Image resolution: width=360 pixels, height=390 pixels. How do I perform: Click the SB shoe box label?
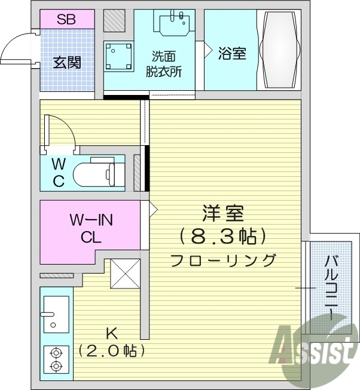pos(66,18)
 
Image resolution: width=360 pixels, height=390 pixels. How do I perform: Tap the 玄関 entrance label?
pos(66,62)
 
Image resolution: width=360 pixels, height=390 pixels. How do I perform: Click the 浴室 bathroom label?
pos(232,53)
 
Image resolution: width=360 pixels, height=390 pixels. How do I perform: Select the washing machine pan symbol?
pos(118,57)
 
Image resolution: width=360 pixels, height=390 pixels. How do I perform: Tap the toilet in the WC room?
pos(96,174)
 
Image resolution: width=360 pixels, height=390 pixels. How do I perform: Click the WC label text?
pos(58,173)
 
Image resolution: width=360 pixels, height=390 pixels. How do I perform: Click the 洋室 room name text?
pos(222,214)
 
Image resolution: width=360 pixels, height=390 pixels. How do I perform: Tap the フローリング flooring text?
pos(223,260)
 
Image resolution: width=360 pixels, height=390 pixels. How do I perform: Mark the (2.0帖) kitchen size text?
pos(111,351)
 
